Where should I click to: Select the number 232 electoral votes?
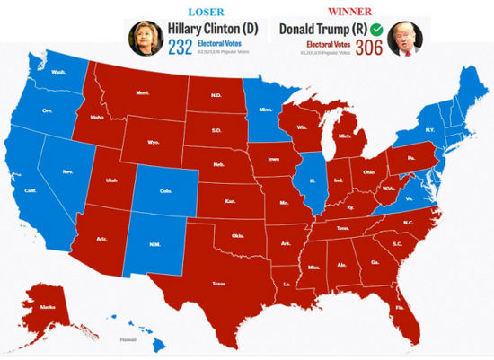tap(181, 48)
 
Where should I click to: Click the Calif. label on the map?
tap(31, 190)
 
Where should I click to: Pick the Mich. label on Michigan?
tap(342, 137)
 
